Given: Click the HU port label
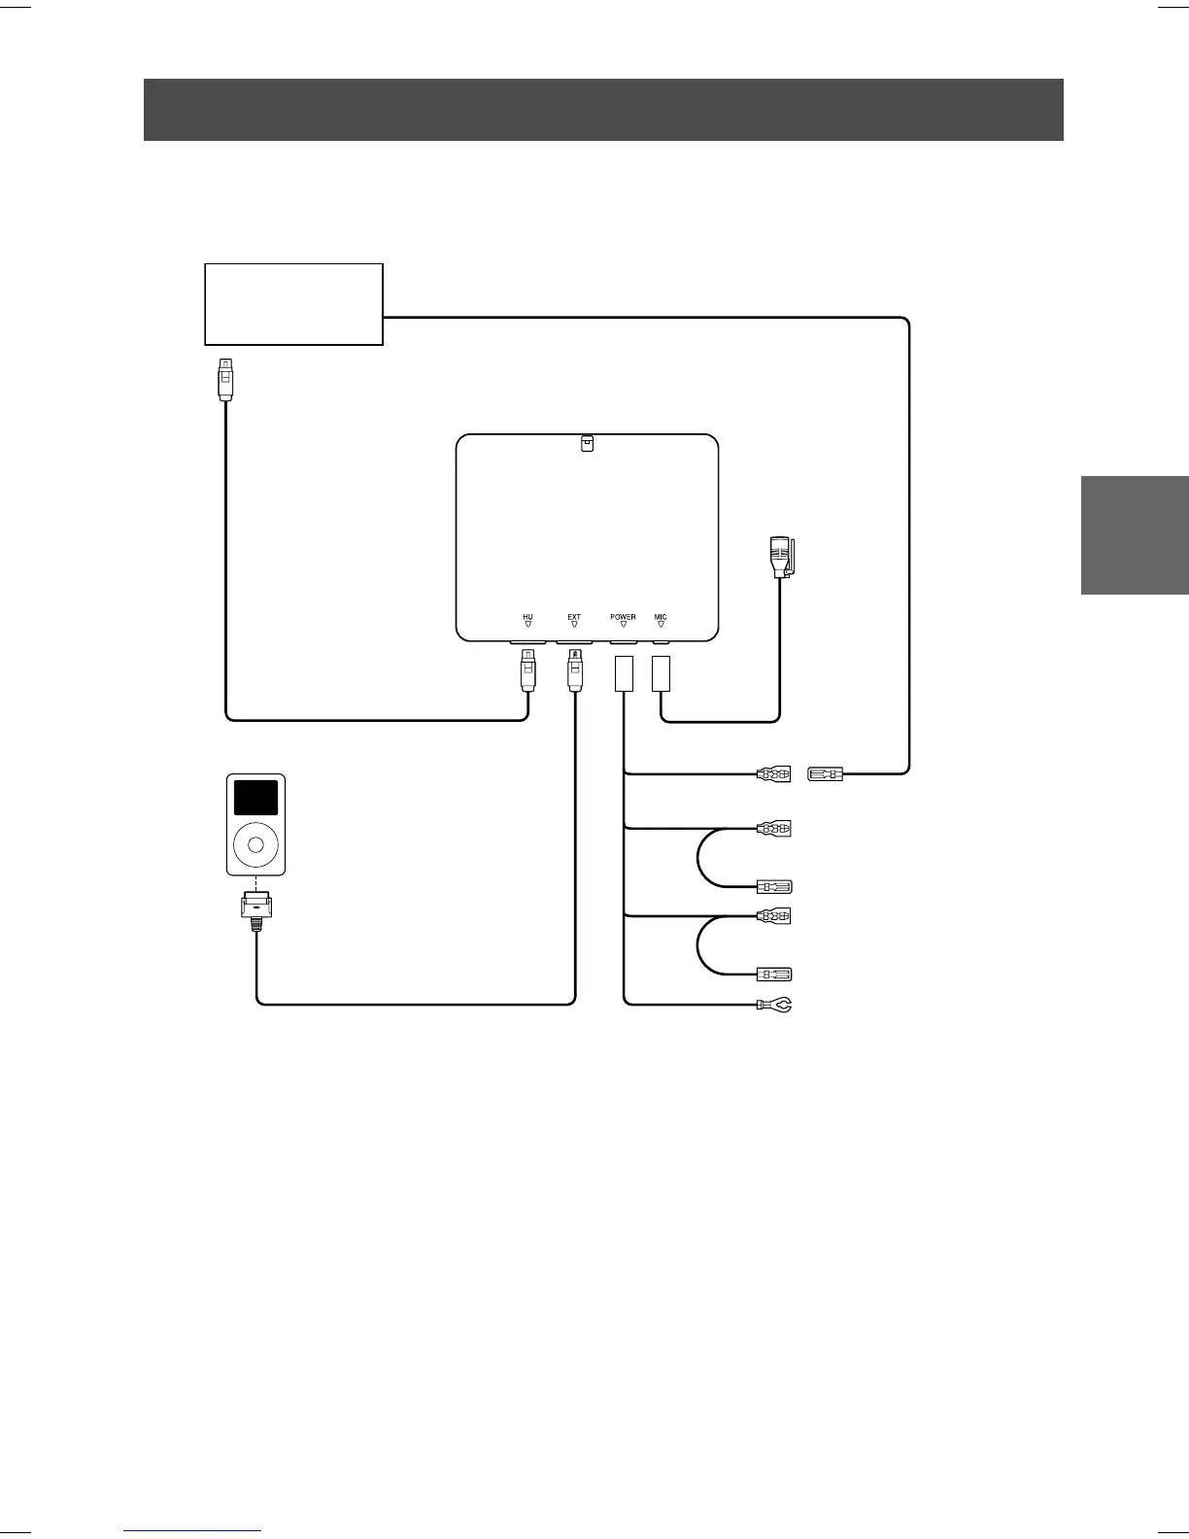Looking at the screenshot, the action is pyautogui.click(x=527, y=617).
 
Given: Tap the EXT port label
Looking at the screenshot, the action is pyautogui.click(x=574, y=617).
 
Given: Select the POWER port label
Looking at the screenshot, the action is pyautogui.click(x=623, y=617).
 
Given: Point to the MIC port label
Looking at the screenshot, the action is pyautogui.click(x=661, y=617).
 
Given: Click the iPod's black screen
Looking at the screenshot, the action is pyautogui.click(x=255, y=798).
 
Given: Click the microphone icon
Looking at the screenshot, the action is pyautogui.click(x=780, y=558).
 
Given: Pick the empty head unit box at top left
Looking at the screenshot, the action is pyautogui.click(x=293, y=303).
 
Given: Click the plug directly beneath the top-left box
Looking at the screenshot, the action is pyautogui.click(x=225, y=379).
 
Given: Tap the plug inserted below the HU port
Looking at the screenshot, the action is pyautogui.click(x=527, y=669).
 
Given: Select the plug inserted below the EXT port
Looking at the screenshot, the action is pyautogui.click(x=574, y=669).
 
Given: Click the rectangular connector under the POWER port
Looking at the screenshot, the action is pyautogui.click(x=624, y=673).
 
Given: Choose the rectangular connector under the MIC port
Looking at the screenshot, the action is pyautogui.click(x=661, y=673).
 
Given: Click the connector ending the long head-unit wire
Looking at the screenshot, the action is pyautogui.click(x=825, y=774).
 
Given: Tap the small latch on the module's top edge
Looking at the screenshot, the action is pyautogui.click(x=587, y=443).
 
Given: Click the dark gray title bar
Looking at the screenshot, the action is pyautogui.click(x=603, y=110).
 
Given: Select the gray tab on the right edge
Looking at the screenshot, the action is pyautogui.click(x=1135, y=533).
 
